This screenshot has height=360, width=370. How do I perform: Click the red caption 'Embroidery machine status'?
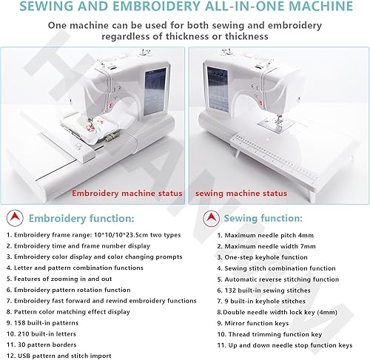click(x=127, y=193)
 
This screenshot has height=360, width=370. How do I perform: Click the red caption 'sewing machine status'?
click(x=241, y=194)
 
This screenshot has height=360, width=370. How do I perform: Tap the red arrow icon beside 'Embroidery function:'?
click(x=15, y=218)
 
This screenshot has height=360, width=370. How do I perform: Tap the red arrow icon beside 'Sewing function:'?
click(x=211, y=218)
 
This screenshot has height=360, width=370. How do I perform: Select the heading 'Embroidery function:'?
click(x=81, y=218)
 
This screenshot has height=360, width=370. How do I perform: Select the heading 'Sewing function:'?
click(x=263, y=218)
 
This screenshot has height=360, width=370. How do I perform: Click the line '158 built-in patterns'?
click(x=42, y=323)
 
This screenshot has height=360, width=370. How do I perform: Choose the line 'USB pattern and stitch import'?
click(x=59, y=356)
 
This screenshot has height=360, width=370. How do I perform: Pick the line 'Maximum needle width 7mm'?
click(x=266, y=246)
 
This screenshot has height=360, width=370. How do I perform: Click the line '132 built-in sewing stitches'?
click(x=264, y=291)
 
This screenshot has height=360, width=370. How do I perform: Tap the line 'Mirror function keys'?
click(x=253, y=323)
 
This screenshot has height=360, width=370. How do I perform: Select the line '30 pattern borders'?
click(x=41, y=344)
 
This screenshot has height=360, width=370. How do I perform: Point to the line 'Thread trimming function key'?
click(x=269, y=334)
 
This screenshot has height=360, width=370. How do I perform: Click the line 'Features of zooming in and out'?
click(x=59, y=279)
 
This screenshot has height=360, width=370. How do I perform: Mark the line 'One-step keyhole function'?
click(x=263, y=257)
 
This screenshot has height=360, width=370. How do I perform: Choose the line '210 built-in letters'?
click(x=41, y=334)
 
